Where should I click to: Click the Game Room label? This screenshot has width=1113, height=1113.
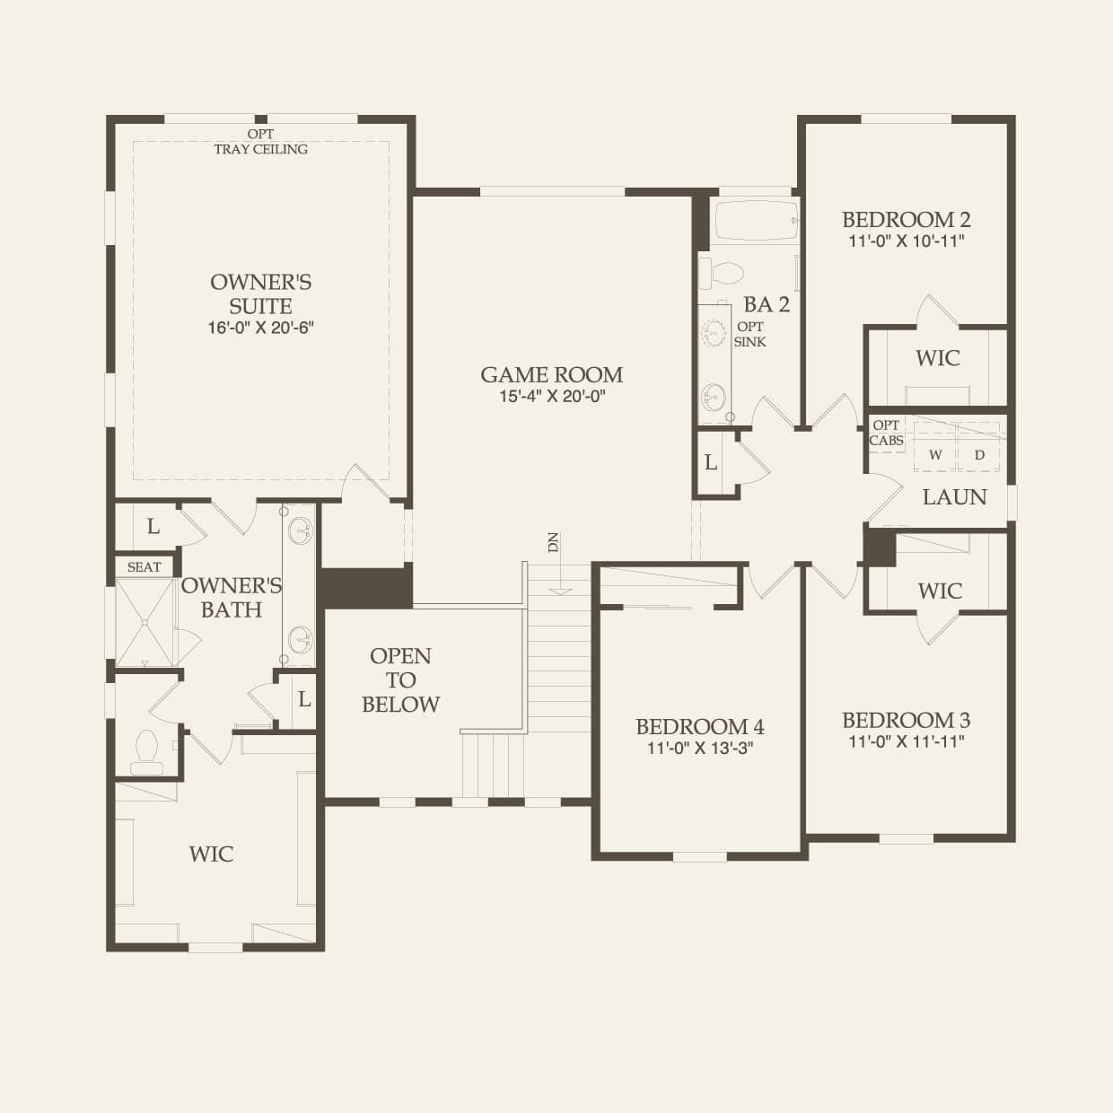tap(552, 375)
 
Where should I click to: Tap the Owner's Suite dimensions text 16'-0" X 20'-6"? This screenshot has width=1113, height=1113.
tap(260, 329)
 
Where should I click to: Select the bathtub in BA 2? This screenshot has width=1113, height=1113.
tap(757, 220)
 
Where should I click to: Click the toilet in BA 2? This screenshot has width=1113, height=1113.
tap(722, 273)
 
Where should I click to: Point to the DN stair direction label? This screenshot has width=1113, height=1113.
tap(553, 542)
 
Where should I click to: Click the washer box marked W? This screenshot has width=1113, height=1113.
tap(935, 454)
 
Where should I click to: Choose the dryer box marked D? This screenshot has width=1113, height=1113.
tap(979, 454)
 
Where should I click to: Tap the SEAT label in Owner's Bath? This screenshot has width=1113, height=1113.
tap(144, 567)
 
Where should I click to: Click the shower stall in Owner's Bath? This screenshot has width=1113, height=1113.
tap(145, 622)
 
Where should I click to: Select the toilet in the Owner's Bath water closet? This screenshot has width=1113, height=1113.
tap(146, 751)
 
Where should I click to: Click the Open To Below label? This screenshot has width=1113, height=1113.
tap(400, 679)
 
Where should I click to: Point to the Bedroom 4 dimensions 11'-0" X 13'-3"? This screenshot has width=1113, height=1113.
tap(700, 749)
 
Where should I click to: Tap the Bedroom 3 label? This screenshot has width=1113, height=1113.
tap(907, 720)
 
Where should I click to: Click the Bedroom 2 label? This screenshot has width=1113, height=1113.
tap(907, 220)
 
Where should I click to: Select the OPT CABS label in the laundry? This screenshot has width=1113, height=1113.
tap(886, 433)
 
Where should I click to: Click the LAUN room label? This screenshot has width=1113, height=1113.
tap(954, 496)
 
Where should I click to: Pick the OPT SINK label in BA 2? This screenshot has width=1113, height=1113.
tap(749, 334)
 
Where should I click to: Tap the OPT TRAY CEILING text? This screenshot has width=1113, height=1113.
tap(260, 142)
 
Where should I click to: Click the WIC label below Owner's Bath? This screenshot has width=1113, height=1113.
tap(212, 854)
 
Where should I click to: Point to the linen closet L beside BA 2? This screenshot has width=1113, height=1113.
tap(710, 462)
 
